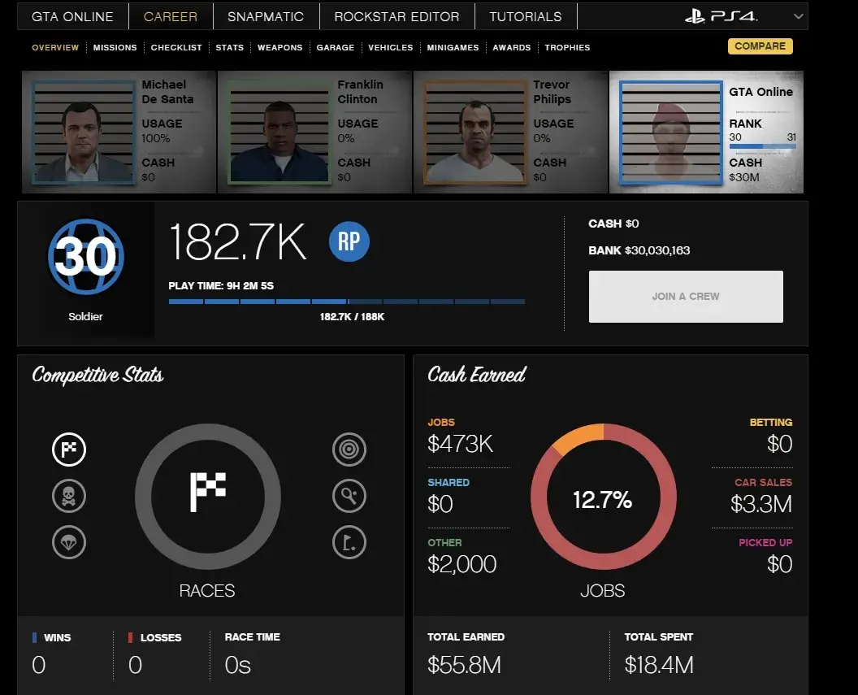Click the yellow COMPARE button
[760, 46]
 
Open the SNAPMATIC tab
[266, 16]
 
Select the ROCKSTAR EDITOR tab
[396, 16]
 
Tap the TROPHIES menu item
[567, 48]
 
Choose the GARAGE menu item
[335, 48]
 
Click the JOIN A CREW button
[686, 297]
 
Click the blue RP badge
[349, 242]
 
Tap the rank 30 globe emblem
[85, 257]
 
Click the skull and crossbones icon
[69, 496]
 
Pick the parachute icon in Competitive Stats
[69, 542]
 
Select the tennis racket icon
[349, 496]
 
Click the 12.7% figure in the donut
[602, 500]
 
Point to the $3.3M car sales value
[760, 504]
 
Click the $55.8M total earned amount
[464, 665]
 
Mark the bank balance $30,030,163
[657, 250]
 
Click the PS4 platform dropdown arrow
[798, 16]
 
